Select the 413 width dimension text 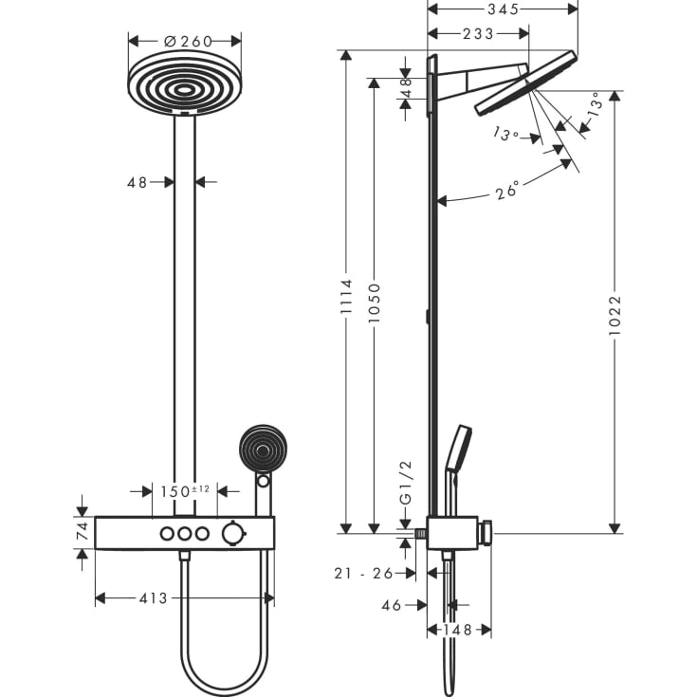(153, 598)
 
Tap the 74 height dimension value (83, 533)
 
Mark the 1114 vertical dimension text (346, 297)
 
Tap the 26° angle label (507, 192)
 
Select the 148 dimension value (459, 629)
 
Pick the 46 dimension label (392, 603)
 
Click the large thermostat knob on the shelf (231, 535)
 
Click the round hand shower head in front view (261, 449)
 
